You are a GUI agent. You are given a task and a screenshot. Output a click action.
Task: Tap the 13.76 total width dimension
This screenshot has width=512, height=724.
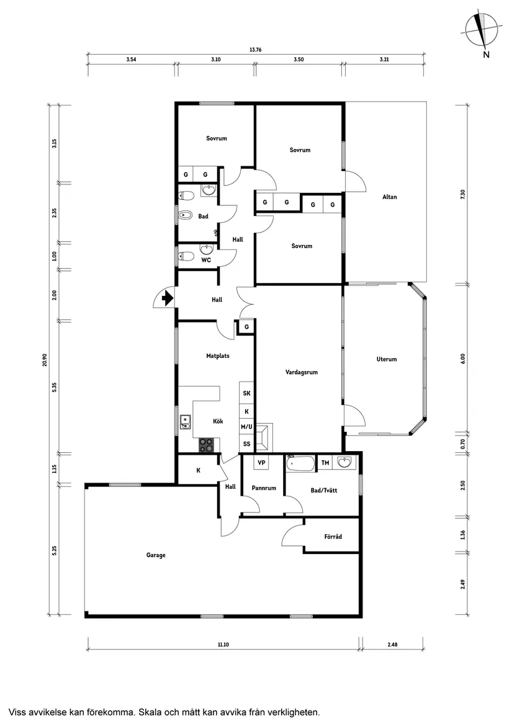(x=255, y=50)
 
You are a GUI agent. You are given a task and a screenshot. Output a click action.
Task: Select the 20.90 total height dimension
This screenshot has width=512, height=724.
(x=44, y=360)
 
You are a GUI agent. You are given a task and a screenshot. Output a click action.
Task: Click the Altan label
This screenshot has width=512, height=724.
(x=389, y=197)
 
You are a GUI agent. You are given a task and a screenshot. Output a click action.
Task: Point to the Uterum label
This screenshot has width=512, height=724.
(x=386, y=359)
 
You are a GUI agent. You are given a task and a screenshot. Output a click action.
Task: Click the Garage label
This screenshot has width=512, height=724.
(x=156, y=555)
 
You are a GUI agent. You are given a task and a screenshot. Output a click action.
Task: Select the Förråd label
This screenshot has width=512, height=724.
(x=333, y=537)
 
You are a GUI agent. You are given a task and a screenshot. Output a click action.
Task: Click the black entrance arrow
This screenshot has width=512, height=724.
(x=166, y=299)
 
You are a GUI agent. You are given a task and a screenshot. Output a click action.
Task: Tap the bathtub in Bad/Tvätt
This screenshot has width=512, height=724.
(x=300, y=463)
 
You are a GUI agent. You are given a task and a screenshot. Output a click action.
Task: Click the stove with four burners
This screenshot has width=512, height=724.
(x=207, y=444)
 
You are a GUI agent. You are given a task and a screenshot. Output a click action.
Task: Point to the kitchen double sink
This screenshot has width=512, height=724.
(x=184, y=422)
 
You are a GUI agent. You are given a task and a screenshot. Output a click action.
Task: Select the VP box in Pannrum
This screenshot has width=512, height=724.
(x=261, y=463)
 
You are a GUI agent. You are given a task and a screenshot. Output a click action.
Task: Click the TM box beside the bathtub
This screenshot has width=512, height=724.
(x=325, y=463)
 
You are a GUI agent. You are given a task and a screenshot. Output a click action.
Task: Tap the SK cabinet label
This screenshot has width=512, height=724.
(x=246, y=393)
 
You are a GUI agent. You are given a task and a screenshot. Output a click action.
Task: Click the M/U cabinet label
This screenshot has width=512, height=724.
(x=246, y=427)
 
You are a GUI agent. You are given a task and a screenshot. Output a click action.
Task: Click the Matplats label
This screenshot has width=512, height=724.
(x=218, y=356)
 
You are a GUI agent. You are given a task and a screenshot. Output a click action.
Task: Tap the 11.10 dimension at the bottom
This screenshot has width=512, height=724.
(x=223, y=645)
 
